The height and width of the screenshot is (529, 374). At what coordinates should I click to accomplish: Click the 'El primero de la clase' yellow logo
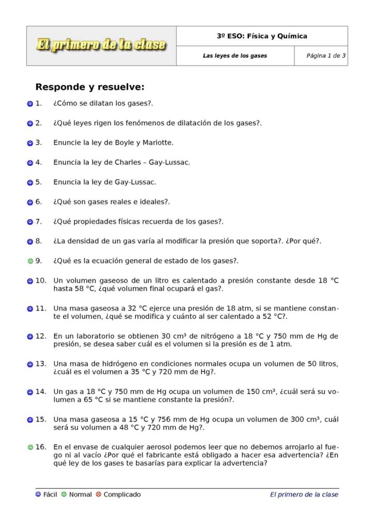pyautogui.click(x=101, y=45)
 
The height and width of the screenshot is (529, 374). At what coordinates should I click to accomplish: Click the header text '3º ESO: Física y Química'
pyautogui.click(x=262, y=36)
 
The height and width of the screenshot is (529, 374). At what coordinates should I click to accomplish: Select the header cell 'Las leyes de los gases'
pyautogui.click(x=235, y=56)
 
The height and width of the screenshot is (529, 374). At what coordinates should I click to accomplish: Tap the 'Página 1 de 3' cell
pyautogui.click(x=321, y=56)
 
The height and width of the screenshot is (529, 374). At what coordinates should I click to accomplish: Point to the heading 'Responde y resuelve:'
pyautogui.click(x=89, y=87)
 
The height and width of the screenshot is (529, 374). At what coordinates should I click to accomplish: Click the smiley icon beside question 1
pyautogui.click(x=30, y=104)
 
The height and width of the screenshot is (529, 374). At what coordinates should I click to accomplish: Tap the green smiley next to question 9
pyautogui.click(x=30, y=261)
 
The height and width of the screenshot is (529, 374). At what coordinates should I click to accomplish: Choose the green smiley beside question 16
pyautogui.click(x=30, y=447)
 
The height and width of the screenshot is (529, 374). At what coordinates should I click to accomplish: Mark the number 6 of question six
pyautogui.click(x=39, y=202)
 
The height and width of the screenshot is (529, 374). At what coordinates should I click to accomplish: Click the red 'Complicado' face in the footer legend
pyautogui.click(x=99, y=495)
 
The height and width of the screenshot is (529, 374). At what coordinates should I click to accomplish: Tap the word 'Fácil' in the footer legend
pyautogui.click(x=50, y=495)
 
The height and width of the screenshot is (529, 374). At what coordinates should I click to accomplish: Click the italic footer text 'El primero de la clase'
pyautogui.click(x=304, y=495)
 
